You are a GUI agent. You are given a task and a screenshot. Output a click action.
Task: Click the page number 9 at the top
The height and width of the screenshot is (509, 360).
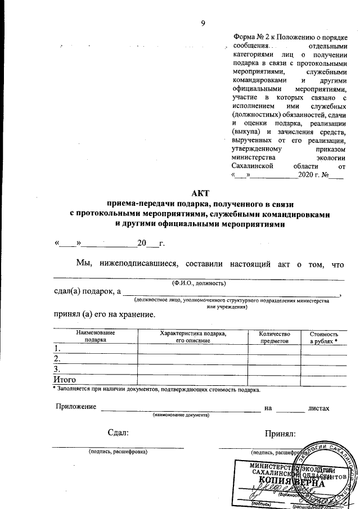point(204,22)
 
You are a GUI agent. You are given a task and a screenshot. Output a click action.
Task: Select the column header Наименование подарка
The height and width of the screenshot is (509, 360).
point(88,336)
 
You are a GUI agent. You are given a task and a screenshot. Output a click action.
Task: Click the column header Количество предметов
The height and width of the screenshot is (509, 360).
point(274,336)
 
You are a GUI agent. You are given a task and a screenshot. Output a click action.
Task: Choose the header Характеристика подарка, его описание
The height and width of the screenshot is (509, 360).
point(193,336)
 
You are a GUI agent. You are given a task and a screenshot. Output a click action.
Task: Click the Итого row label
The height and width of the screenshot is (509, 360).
point(64,379)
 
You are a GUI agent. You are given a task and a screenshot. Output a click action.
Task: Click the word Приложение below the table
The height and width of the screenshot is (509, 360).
point(75,407)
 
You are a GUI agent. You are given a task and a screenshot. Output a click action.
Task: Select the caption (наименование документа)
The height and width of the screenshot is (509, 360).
point(181,415)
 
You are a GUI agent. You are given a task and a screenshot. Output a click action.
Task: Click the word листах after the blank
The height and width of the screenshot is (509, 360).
point(318,407)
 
